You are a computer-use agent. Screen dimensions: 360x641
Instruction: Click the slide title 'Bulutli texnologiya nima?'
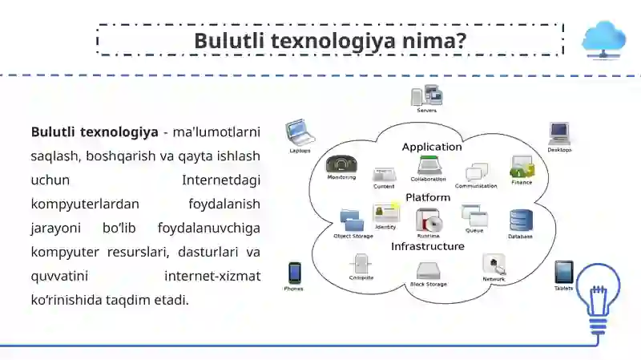[330, 40]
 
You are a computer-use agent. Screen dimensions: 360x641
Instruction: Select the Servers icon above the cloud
[426, 96]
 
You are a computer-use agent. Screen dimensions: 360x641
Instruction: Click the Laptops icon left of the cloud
[299, 131]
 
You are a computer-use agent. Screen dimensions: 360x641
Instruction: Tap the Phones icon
[294, 273]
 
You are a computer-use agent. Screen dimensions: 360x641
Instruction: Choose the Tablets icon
[564, 271]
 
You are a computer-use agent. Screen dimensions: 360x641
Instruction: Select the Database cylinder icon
[521, 220]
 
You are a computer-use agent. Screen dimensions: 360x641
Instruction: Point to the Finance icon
[522, 167]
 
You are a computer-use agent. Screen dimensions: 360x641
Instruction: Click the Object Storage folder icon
[353, 220]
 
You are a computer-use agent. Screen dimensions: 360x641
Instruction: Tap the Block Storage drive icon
[429, 270]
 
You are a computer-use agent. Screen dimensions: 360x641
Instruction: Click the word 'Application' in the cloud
[431, 147]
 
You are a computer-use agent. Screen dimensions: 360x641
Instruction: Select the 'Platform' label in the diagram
[427, 197]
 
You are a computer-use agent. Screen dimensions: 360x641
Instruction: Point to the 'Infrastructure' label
[427, 246]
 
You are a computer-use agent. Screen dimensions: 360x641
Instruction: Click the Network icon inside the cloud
[494, 265]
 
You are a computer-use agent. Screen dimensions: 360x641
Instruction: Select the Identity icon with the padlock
[386, 212]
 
